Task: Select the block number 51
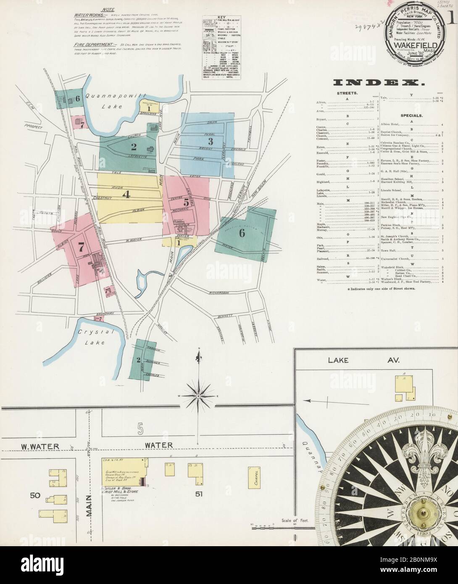coord(199,494)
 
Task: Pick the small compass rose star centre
coord(197,396)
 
